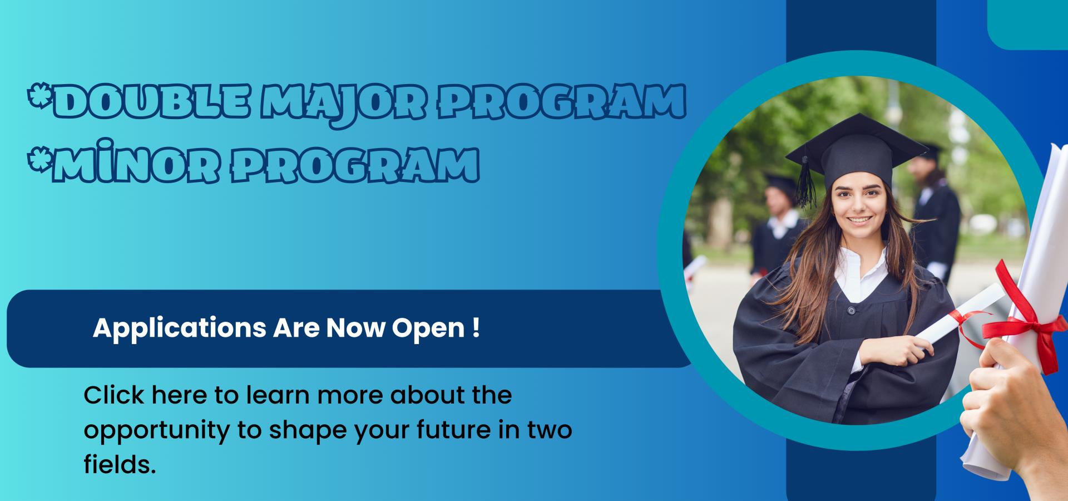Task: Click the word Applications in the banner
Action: [180, 329]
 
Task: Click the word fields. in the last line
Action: [120, 464]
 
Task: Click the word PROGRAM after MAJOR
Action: [562, 102]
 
